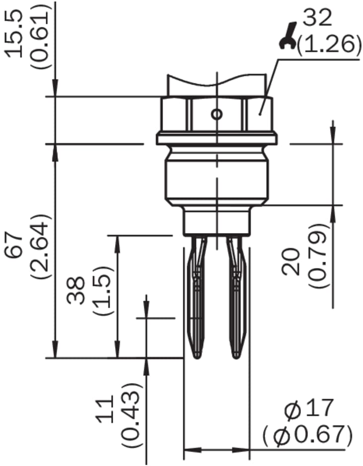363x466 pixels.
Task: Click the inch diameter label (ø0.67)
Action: (x=308, y=435)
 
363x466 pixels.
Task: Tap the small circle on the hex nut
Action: (x=216, y=114)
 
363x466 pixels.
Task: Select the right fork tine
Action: (x=235, y=297)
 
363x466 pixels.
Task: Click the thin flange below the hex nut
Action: (x=216, y=138)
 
